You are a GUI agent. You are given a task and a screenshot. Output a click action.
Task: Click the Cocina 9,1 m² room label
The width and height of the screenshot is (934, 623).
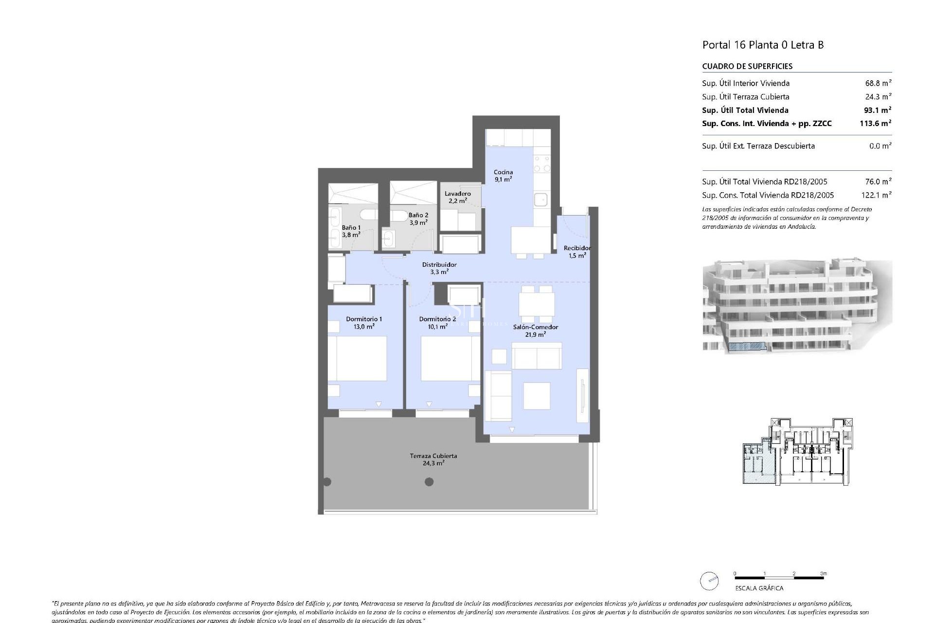point(503,176)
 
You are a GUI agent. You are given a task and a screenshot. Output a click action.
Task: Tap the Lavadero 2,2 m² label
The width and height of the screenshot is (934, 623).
point(457,197)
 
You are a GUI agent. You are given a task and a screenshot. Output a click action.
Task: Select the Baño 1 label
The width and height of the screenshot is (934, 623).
point(351,231)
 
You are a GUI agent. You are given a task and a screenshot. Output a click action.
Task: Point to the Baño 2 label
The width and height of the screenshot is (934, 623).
point(418,219)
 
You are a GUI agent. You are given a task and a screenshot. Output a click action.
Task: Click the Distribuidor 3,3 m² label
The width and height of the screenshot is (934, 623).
point(439,268)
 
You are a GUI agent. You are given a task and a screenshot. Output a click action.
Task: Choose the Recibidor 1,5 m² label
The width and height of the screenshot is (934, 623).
point(577,252)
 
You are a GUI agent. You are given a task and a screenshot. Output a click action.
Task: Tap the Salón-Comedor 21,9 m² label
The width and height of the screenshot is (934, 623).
point(535,330)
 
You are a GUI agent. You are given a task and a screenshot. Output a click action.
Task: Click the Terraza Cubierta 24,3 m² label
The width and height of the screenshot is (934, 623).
point(433,459)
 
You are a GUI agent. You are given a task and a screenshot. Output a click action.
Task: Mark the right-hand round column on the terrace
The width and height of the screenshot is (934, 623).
point(429,482)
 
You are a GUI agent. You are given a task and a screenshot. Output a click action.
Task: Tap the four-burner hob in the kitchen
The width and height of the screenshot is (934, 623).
point(541,164)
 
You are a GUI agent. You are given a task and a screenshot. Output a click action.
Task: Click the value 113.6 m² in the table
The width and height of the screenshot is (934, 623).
point(875,124)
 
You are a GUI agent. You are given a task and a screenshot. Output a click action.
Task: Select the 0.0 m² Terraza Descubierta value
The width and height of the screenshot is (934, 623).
point(880,146)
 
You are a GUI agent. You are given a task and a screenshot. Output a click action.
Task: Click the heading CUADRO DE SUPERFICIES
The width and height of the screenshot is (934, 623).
point(747,66)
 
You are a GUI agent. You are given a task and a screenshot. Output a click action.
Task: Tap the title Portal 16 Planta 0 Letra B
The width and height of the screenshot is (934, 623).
point(763,45)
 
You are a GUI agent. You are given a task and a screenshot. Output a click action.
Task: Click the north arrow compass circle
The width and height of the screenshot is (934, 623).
point(709,581)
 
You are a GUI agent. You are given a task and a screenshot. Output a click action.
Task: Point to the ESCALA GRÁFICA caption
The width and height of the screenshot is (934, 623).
point(759,588)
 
